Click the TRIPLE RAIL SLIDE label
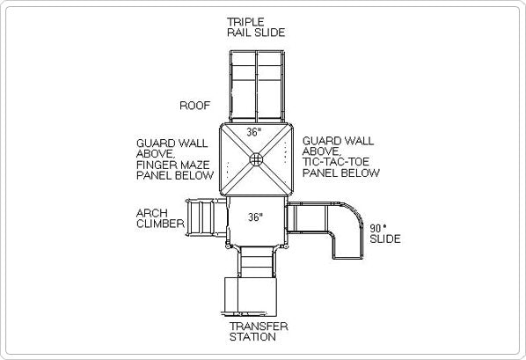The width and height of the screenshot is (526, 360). click(x=256, y=27)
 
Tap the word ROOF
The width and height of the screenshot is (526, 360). click(x=195, y=106)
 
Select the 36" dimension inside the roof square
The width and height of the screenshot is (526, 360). click(x=253, y=132)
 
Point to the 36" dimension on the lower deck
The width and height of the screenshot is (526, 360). click(x=255, y=217)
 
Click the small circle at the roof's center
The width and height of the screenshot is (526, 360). click(x=256, y=159)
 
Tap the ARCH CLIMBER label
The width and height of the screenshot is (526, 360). click(x=160, y=218)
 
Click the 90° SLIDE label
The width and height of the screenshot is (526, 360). click(x=385, y=234)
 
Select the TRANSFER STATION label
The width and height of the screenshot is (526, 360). click(x=259, y=332)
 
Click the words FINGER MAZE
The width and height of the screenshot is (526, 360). click(x=172, y=165)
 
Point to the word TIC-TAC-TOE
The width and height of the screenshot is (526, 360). click(x=335, y=162)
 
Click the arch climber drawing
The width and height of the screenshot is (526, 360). click(x=206, y=217)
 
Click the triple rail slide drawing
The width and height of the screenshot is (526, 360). click(x=257, y=86)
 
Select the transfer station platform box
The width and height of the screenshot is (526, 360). click(x=251, y=297)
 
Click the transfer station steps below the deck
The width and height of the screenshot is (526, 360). click(x=257, y=262)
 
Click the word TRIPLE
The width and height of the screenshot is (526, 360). click(x=245, y=22)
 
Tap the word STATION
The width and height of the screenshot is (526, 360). click(x=252, y=337)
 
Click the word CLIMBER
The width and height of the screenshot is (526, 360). click(x=160, y=224)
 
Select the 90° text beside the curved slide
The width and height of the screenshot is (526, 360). click(x=377, y=228)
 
